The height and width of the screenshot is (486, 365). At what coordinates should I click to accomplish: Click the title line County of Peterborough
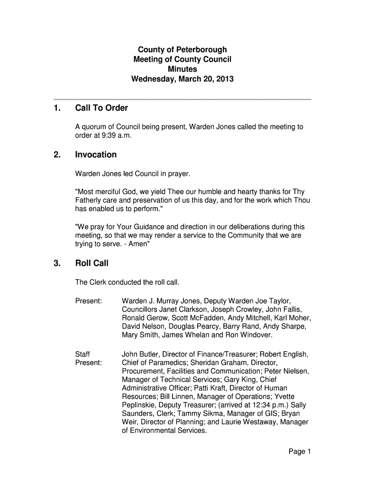coord(182,49)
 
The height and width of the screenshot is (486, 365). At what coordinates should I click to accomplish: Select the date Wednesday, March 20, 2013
coord(182,79)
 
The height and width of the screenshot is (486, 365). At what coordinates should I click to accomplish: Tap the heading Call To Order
coord(101,108)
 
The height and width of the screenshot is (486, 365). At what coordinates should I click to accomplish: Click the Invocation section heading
coord(96,155)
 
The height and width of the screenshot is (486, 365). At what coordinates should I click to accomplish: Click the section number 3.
coord(56,263)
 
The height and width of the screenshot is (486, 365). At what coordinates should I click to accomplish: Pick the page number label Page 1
coord(300,451)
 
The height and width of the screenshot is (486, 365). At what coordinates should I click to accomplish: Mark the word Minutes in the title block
coord(182,69)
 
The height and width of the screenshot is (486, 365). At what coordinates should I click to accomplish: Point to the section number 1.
coord(56,108)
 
